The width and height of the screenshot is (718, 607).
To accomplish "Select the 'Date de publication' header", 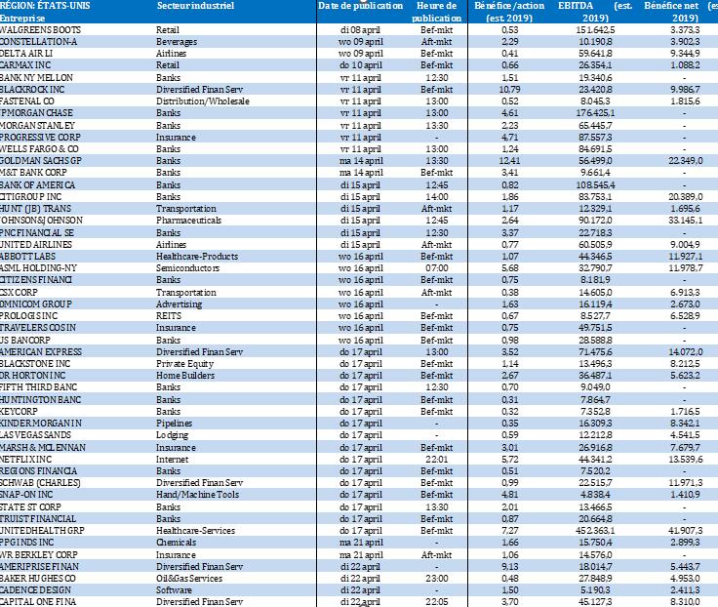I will point(360,7).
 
